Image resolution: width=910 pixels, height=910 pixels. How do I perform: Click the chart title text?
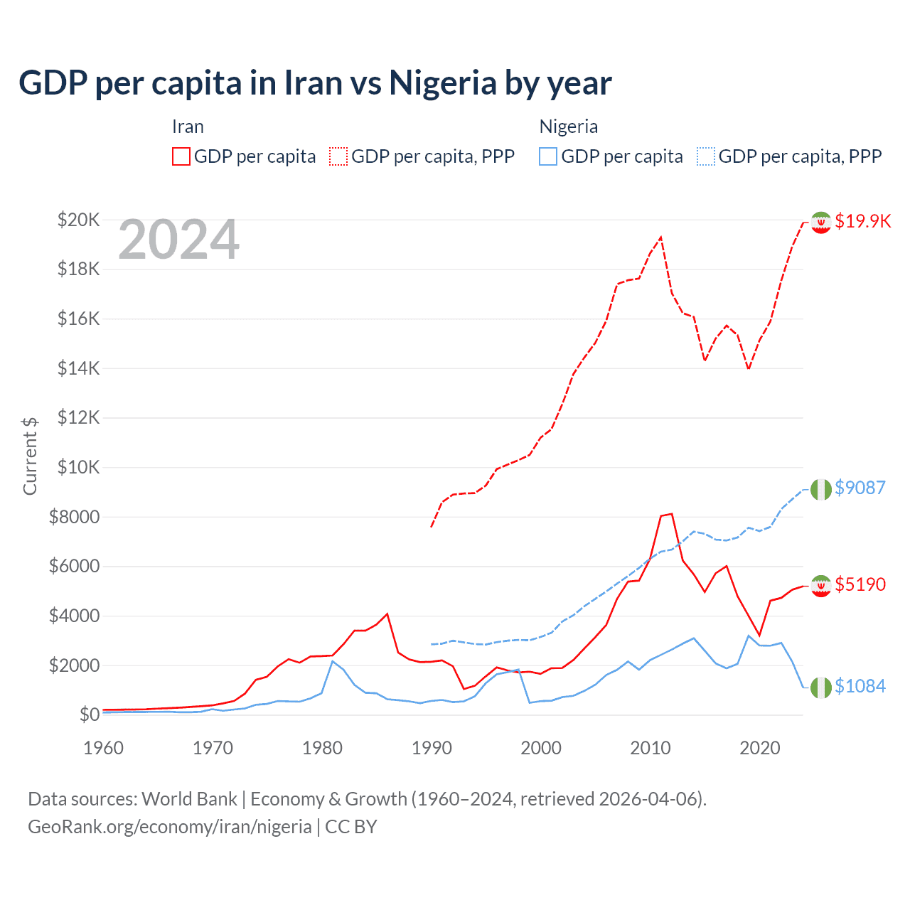[315, 83]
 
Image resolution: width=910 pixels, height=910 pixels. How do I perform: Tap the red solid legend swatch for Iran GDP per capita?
[181, 156]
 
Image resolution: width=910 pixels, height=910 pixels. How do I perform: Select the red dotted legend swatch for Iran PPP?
[339, 156]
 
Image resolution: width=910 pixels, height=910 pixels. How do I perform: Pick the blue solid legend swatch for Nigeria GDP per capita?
[548, 156]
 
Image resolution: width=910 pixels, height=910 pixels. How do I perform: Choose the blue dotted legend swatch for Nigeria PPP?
[706, 156]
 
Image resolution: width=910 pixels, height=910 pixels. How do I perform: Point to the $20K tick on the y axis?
[78, 220]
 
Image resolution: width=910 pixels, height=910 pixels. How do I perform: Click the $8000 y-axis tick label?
[74, 517]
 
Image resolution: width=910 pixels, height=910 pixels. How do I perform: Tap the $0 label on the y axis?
[89, 714]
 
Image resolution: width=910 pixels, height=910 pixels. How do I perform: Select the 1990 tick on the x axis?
[432, 748]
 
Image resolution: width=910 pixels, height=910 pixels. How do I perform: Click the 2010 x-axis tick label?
[651, 748]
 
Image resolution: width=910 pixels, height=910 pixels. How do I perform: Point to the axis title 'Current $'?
[30, 456]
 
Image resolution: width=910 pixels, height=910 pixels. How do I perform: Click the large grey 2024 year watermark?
[179, 240]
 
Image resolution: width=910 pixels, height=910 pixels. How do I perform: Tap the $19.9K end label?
[862, 221]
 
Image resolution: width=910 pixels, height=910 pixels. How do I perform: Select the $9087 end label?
[860, 488]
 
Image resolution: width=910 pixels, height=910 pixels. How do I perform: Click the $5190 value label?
[860, 584]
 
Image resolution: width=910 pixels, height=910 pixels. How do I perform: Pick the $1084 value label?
[860, 686]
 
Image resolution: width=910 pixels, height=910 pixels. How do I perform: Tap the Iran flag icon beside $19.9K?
[821, 223]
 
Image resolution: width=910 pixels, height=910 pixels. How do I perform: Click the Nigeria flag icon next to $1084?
[821, 687]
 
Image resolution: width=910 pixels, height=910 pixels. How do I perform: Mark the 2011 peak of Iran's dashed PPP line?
[661, 237]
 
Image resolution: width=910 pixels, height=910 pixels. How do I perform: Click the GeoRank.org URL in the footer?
[170, 827]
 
